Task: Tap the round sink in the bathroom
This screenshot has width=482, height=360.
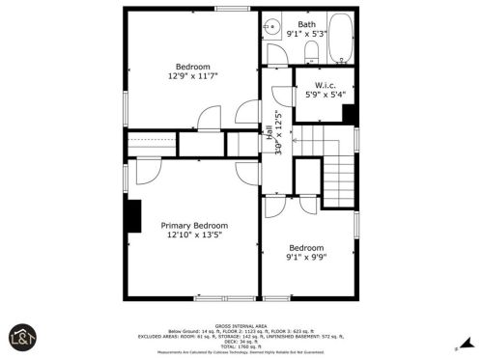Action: click(x=273, y=29)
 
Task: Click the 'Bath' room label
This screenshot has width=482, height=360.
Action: click(x=306, y=24)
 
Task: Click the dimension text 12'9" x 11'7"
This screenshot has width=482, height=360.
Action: click(x=192, y=76)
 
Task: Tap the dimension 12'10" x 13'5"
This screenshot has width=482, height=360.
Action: click(x=193, y=234)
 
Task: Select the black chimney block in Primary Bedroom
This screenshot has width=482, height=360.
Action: click(x=132, y=215)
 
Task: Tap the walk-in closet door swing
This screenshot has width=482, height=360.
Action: click(x=282, y=97)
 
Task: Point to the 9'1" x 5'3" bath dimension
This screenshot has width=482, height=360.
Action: click(x=306, y=35)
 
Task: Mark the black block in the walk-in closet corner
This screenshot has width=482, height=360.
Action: click(x=349, y=113)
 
